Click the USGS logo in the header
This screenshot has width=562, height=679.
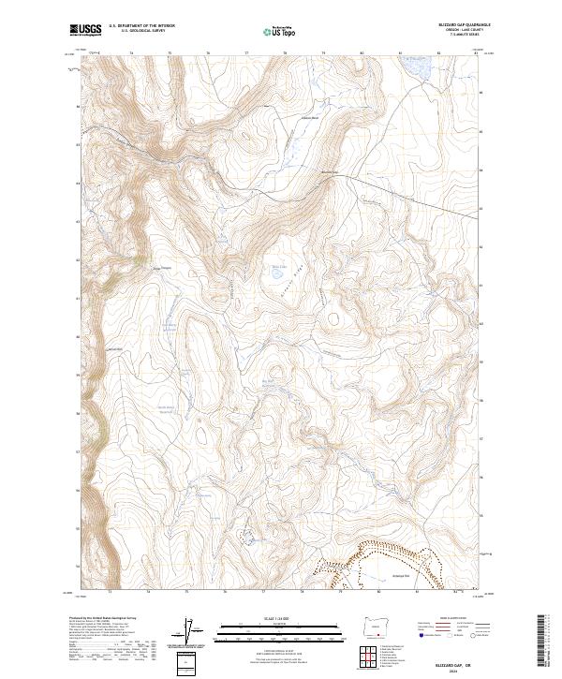point(86,30)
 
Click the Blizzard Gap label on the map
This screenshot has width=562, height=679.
point(328,171)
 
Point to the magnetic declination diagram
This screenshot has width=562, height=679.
point(194,633)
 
